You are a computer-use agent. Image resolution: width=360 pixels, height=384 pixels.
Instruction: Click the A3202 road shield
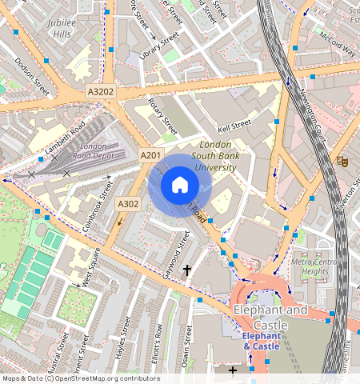[102, 92]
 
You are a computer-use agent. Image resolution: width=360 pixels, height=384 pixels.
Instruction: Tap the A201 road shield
[150, 154]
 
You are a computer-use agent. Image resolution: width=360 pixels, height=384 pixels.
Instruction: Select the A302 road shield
[128, 205]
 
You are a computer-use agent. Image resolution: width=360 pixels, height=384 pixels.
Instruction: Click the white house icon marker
[180, 186]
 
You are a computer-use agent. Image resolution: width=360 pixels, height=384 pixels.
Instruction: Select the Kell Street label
[234, 126]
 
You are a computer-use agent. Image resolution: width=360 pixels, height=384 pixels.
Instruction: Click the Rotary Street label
[163, 116]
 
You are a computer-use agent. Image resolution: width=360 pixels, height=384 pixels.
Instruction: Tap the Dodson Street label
[33, 81]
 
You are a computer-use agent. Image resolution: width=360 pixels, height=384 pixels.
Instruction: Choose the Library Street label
[158, 46]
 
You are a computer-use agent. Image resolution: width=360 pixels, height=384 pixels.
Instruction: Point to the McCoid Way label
[336, 46]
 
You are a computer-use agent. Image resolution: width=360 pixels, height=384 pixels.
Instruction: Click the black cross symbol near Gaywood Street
[188, 271]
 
